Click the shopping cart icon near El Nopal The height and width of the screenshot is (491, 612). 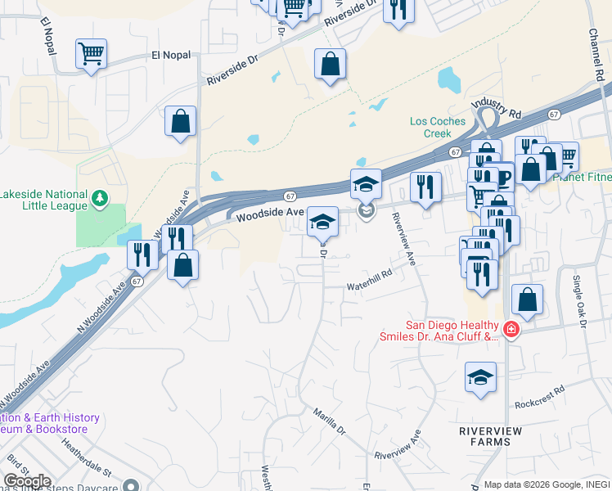tap(91, 55)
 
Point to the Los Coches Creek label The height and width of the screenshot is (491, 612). tap(438, 127)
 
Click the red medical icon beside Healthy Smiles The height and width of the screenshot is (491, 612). tap(511, 330)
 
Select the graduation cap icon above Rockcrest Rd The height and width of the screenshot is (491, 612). tap(480, 377)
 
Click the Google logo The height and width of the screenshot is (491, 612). tap(27, 481)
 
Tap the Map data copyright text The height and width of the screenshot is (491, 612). tap(547, 484)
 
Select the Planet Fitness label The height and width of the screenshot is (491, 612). tap(583, 176)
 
